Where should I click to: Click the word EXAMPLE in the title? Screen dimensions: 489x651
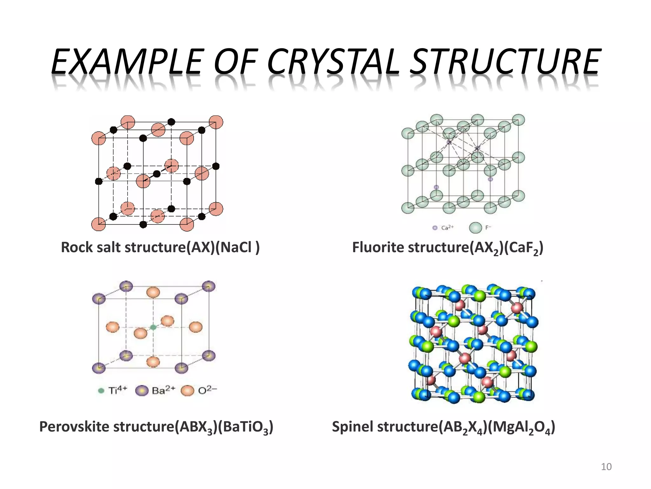coord(127,61)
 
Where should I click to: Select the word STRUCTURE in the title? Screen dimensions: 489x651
coord(504,61)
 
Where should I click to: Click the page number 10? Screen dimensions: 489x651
coord(606,467)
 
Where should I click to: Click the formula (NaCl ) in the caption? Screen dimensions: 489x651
coord(237,247)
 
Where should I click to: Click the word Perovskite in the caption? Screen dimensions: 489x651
coord(74,427)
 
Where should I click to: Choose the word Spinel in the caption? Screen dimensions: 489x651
coord(352,427)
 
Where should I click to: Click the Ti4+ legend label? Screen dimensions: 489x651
coord(118,390)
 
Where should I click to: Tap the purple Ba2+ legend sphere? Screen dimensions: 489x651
coord(142,391)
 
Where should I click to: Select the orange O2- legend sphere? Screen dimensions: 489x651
coord(187,391)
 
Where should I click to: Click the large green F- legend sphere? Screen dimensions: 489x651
coord(476,228)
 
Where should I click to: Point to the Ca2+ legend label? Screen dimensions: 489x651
coord(448,228)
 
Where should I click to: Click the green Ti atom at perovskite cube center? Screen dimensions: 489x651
coord(153,327)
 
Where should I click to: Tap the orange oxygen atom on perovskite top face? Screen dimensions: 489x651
coord(153,292)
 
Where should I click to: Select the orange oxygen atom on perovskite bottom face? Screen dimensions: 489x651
coord(153,362)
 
